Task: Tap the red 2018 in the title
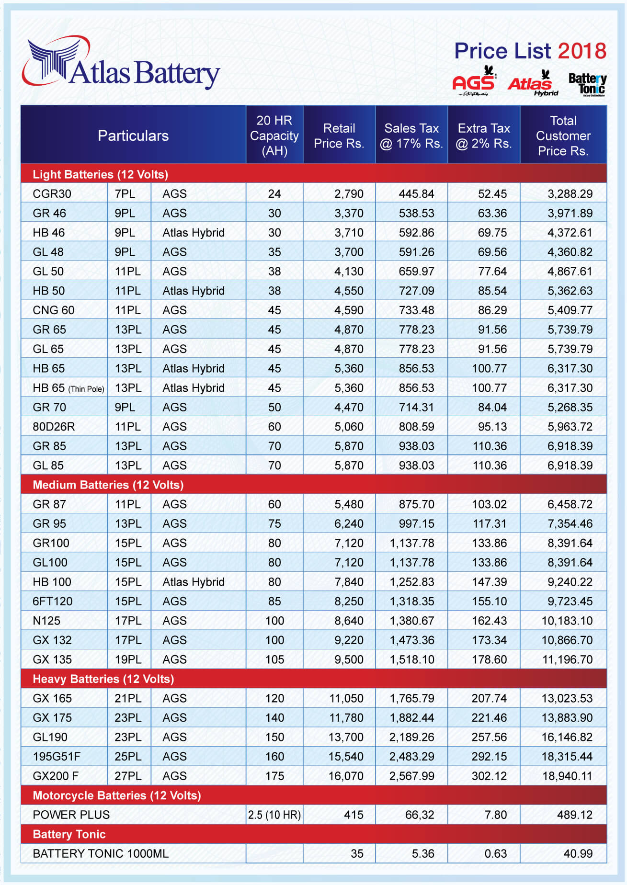pyautogui.click(x=582, y=51)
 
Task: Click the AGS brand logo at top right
pyautogui.click(x=474, y=82)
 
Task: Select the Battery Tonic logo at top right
pyautogui.click(x=587, y=84)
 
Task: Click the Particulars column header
pyautogui.click(x=133, y=136)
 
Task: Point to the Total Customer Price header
pyautogui.click(x=563, y=136)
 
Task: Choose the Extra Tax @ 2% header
pyautogui.click(x=484, y=136)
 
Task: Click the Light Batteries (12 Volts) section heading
pyautogui.click(x=100, y=174)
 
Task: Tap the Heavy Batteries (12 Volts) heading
pyautogui.click(x=103, y=679)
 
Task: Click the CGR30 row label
pyautogui.click(x=52, y=194)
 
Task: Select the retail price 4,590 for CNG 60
pyautogui.click(x=349, y=310)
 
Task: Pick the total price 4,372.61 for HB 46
pyautogui.click(x=570, y=233)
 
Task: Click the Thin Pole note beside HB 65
pyautogui.click(x=86, y=389)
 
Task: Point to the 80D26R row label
pyautogui.click(x=54, y=427)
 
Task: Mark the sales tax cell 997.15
pyautogui.click(x=416, y=524)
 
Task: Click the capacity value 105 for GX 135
pyautogui.click(x=274, y=659)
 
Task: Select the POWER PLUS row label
pyautogui.click(x=71, y=815)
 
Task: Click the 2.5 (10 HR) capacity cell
pyautogui.click(x=274, y=815)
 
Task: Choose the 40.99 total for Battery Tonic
pyautogui.click(x=578, y=853)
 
